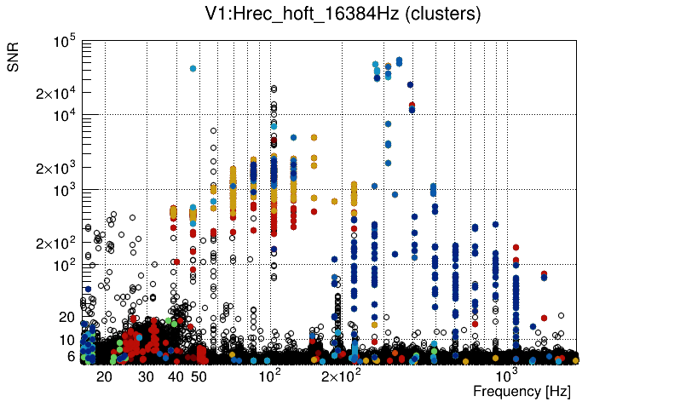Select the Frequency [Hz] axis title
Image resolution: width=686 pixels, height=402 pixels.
click(521, 391)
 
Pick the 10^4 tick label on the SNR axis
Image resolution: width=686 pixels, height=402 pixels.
click(66, 116)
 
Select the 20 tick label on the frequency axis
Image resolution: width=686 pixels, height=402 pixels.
click(105, 376)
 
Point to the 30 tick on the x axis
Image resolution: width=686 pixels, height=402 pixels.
click(147, 376)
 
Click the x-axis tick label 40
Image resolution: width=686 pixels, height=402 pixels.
click(176, 376)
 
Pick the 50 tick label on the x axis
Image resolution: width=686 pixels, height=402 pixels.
click(199, 376)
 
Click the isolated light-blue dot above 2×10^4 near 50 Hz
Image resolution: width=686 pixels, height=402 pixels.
click(193, 68)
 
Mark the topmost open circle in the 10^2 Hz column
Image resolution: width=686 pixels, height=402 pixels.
click(274, 88)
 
